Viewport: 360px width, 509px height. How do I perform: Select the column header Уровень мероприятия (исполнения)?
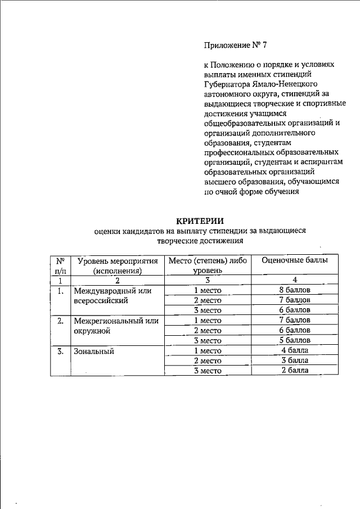(x=116, y=265)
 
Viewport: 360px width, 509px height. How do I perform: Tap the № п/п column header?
(x=60, y=265)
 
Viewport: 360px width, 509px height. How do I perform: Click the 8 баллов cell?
(x=295, y=290)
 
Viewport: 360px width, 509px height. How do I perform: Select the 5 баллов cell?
(x=295, y=340)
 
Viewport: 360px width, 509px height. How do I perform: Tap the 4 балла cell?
(x=295, y=350)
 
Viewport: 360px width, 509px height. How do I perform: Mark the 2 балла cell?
(x=295, y=371)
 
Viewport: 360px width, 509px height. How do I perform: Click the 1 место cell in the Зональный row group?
(x=208, y=350)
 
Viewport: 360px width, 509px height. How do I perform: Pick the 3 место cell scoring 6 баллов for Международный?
(x=208, y=310)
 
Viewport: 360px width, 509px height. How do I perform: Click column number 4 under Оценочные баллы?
(x=295, y=280)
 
